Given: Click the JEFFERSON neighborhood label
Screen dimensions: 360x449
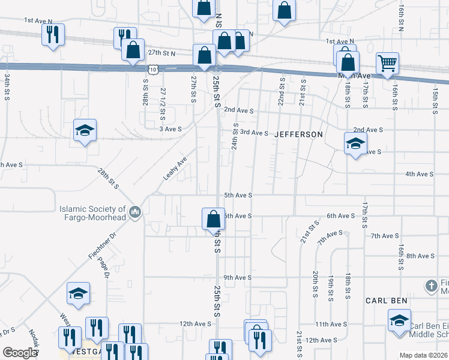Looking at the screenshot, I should coord(298,134).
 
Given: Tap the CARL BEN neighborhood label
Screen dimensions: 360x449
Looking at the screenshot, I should coord(387,299).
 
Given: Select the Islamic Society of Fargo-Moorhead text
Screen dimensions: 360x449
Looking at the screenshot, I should coord(92,213).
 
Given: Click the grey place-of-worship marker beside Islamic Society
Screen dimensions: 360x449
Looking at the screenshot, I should coord(135,212).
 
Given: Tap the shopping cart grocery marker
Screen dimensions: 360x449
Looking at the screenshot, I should coord(387,63).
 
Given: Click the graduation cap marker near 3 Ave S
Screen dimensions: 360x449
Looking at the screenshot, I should coord(85,130).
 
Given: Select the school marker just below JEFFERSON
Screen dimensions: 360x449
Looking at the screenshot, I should coord(355,143).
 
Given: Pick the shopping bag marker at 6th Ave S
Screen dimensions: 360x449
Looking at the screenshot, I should coord(214,218).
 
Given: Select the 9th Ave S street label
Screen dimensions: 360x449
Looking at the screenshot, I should coord(237,278).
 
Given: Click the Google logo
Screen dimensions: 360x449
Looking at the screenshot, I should coord(20,353).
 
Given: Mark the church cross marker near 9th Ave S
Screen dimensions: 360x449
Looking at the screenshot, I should coord(432,285).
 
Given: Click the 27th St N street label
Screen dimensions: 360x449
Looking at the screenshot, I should coord(161,53).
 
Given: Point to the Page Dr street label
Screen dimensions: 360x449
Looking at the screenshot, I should coord(106,268).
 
